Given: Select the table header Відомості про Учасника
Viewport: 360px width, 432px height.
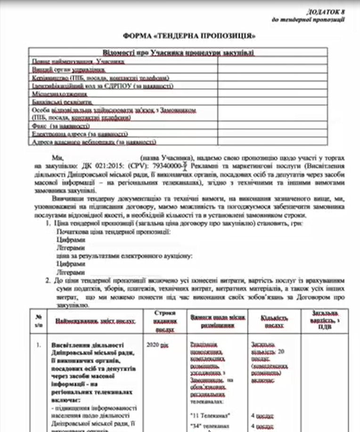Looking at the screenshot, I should (x=178, y=53).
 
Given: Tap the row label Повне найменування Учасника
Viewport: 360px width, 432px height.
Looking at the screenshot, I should (x=78, y=61).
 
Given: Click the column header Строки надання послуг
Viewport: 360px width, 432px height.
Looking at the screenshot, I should (x=164, y=321).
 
